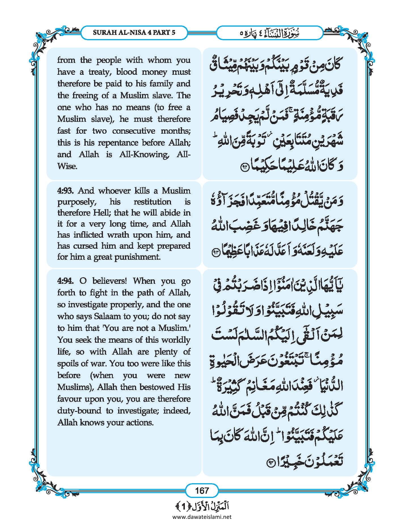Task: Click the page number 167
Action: point(202,490)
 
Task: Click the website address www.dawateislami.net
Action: point(202,517)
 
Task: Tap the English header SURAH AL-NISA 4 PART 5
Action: point(134,32)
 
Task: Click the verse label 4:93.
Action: point(65,191)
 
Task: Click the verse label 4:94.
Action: point(65,281)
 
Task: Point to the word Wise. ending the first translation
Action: point(67,166)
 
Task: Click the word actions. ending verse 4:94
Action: point(139,422)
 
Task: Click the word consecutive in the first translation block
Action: point(134,131)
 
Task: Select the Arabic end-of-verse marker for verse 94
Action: point(271,463)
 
